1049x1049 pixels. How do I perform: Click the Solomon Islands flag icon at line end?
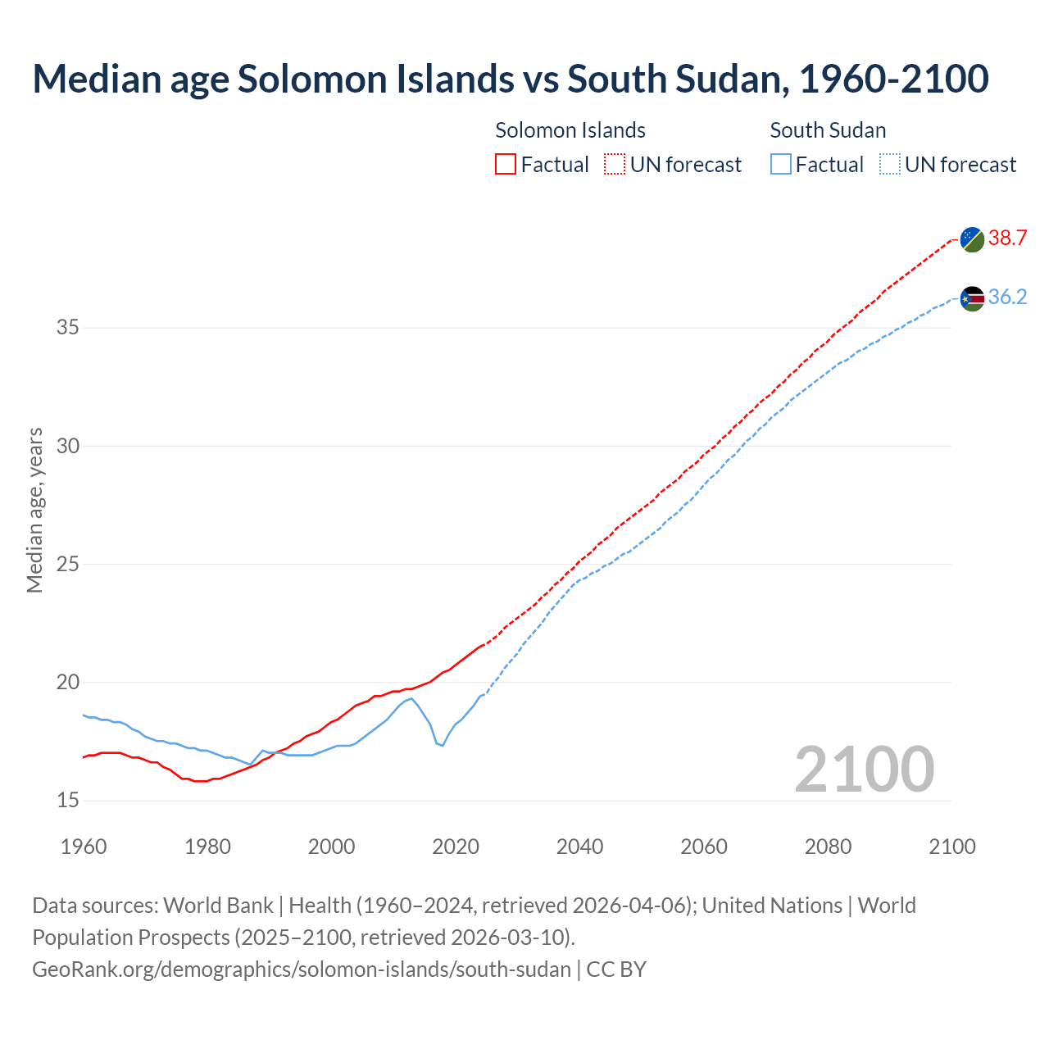(x=972, y=239)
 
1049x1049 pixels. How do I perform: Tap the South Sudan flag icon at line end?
(x=972, y=298)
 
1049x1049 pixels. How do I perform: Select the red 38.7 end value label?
(x=1007, y=238)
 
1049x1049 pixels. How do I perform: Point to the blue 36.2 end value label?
(x=1007, y=297)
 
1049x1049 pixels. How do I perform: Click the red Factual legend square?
(x=506, y=165)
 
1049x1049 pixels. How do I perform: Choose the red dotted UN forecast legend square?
(x=615, y=165)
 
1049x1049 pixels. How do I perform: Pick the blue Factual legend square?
(x=781, y=165)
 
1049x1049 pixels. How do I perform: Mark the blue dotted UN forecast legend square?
(x=889, y=165)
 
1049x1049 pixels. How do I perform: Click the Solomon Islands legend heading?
(x=570, y=130)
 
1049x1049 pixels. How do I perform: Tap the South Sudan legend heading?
(x=828, y=130)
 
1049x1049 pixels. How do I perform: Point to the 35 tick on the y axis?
(x=68, y=328)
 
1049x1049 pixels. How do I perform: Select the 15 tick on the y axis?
(x=68, y=801)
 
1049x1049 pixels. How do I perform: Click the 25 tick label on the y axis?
(x=68, y=565)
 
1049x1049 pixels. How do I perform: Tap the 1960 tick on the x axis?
(x=84, y=847)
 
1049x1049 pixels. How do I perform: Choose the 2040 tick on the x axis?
(x=579, y=847)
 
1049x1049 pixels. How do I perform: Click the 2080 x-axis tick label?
(x=828, y=847)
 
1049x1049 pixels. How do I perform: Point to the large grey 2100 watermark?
(x=864, y=769)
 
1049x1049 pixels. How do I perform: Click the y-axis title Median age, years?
(x=34, y=510)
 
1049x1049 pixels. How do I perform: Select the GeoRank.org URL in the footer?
(x=302, y=970)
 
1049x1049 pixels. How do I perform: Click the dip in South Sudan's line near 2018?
(x=443, y=745)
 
